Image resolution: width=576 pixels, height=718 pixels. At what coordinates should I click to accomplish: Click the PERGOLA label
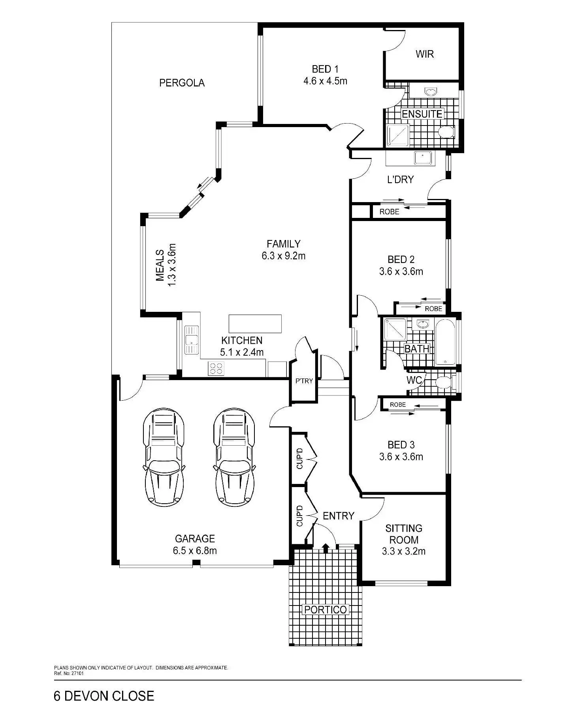click(x=182, y=83)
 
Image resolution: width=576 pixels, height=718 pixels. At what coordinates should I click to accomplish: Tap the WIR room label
click(x=424, y=54)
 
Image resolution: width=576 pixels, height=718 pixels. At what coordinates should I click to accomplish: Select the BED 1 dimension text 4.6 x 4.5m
click(x=325, y=81)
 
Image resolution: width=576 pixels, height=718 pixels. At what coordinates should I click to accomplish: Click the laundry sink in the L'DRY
click(x=424, y=158)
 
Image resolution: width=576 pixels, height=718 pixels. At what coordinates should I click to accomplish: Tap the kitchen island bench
click(x=255, y=324)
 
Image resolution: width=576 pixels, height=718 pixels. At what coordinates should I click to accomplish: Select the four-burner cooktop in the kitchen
click(x=216, y=368)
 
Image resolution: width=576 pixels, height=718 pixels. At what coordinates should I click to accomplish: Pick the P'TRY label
click(x=304, y=381)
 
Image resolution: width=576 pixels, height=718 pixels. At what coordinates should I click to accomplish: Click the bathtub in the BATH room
click(x=445, y=342)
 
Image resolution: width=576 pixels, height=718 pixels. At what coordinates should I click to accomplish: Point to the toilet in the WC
click(x=445, y=382)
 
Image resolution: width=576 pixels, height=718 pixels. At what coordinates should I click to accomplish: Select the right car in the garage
click(x=234, y=457)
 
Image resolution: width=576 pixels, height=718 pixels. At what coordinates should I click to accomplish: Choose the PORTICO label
click(x=326, y=609)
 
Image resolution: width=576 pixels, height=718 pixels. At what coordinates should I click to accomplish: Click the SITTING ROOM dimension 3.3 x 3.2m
click(x=404, y=551)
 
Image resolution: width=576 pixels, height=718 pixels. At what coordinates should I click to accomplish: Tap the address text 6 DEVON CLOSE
click(x=104, y=696)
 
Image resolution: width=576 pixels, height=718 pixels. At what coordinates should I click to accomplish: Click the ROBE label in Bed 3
click(x=398, y=405)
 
